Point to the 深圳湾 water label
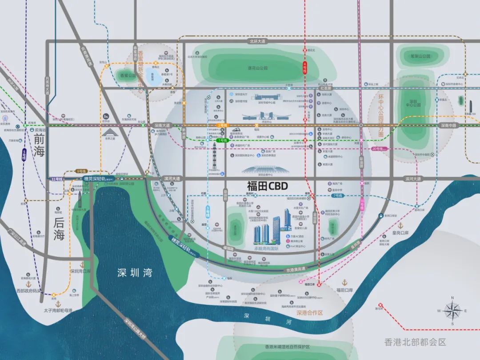[x=135, y=273]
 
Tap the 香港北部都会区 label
[x=415, y=342]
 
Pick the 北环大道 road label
[x=257, y=41]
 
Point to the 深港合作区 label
[x=309, y=313]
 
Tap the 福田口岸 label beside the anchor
[x=344, y=290]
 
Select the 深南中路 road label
[x=450, y=126]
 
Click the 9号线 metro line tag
[x=81, y=171]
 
